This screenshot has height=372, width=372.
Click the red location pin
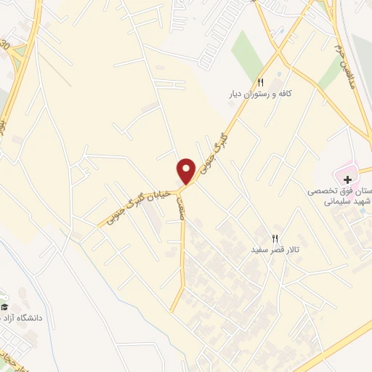coord(186,170)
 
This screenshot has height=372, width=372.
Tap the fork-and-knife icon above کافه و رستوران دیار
coord(261,81)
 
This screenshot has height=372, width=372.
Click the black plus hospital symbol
coord(348,179)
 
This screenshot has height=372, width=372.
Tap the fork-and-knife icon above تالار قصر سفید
coord(275,238)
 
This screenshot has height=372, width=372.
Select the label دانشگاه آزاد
coord(28,317)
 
